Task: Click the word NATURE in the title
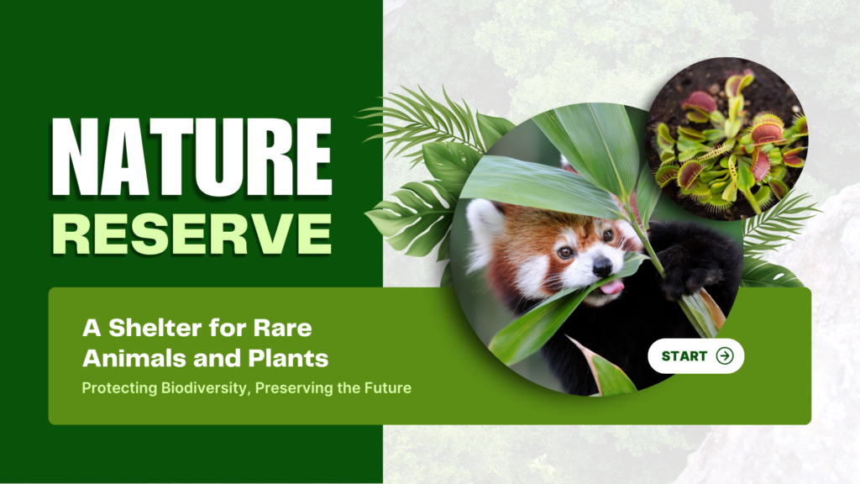(191, 156)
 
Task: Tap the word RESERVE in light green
(192, 234)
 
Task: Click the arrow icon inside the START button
(725, 355)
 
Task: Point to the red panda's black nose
(602, 266)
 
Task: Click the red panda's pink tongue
(612, 287)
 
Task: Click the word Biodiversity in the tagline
(206, 388)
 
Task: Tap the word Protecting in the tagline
(119, 388)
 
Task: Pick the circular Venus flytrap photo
(726, 139)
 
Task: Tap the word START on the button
(684, 356)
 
